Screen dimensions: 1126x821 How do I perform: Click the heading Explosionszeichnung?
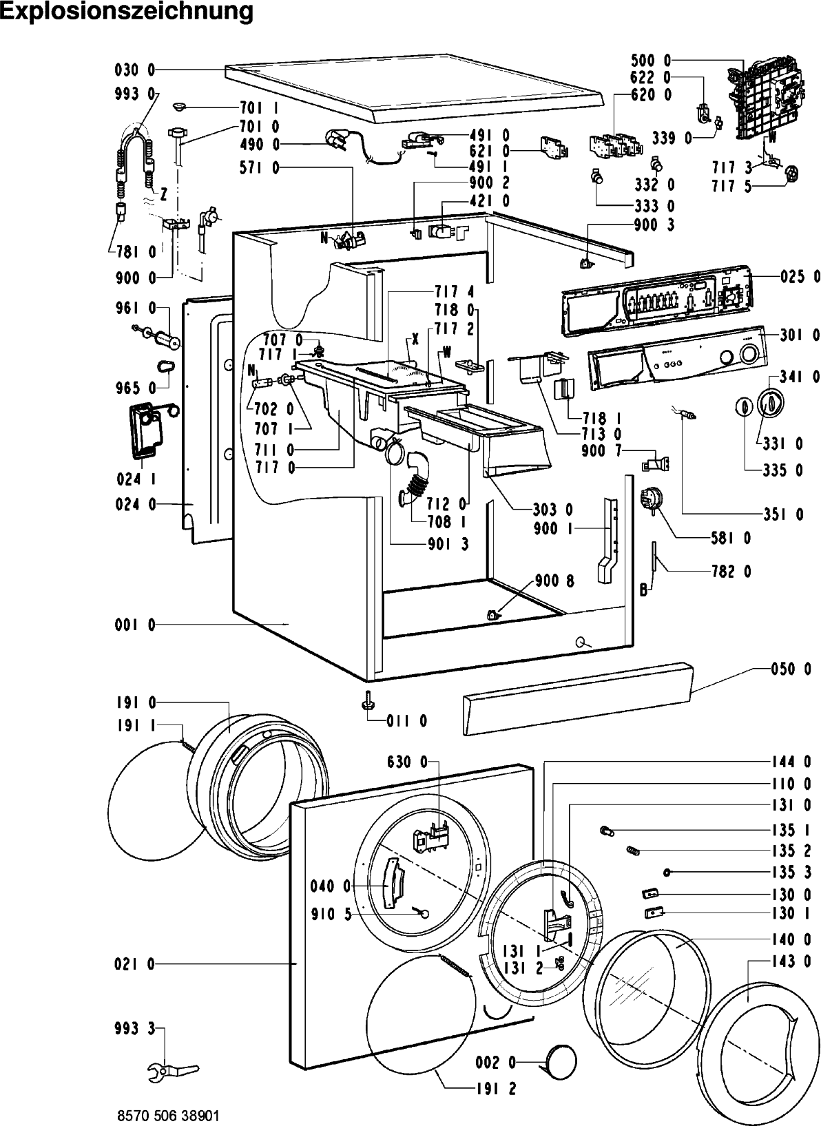[127, 12]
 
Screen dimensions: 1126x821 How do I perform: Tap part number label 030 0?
[135, 70]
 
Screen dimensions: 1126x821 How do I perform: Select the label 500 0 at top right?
[652, 60]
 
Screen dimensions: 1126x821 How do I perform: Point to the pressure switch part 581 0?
[649, 499]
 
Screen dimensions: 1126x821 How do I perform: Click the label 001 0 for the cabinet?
[135, 625]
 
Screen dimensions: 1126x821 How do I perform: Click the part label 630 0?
[408, 762]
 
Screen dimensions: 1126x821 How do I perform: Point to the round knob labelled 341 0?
[770, 402]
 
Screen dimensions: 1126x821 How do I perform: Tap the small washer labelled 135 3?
[667, 873]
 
